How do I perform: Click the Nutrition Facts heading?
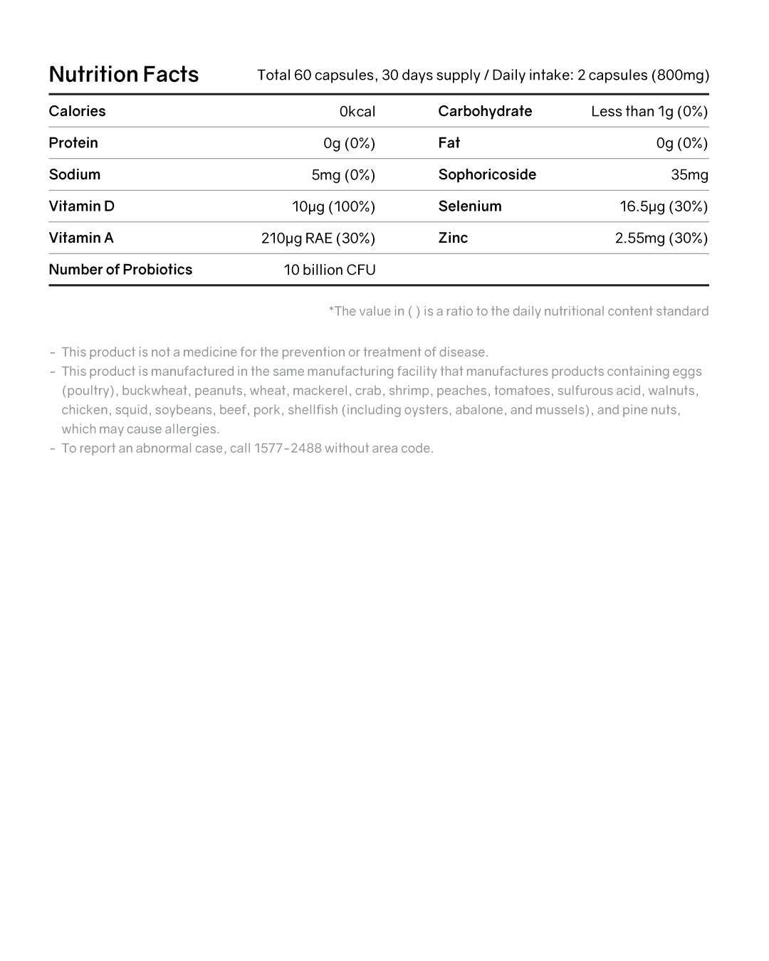pos(124,75)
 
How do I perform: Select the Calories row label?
pos(77,111)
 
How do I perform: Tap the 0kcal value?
pos(357,112)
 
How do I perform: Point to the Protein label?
pos(73,143)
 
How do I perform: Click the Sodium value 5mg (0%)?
pos(343,175)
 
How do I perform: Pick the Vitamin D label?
pos(81,206)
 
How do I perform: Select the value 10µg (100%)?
pos(333,207)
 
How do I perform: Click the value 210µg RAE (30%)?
pos(318,238)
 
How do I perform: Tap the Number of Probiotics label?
pos(120,270)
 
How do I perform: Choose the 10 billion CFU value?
pos(330,271)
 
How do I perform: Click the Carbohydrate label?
pos(485,111)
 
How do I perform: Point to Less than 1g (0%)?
pos(649,112)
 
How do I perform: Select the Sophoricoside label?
pos(487,175)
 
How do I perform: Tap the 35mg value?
pos(689,175)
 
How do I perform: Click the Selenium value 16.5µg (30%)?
pos(664,207)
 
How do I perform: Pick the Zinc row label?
pos(453,238)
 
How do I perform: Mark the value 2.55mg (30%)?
pos(661,238)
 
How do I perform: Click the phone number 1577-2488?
pos(288,448)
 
